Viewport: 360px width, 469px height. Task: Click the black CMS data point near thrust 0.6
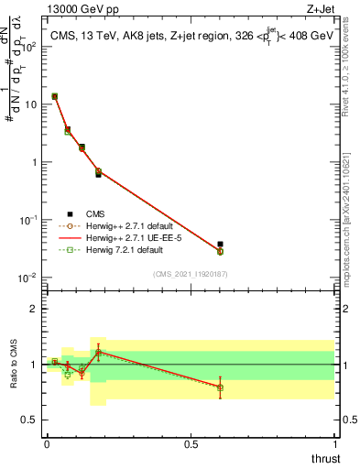pos(220,245)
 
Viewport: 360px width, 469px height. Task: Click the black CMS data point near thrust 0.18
pos(98,173)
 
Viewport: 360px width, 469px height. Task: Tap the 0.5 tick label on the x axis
pos(191,444)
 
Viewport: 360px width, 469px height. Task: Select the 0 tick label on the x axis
pos(47,444)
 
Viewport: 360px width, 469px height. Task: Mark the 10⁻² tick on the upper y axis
pos(32,278)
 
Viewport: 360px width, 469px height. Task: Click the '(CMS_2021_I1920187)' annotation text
pos(191,274)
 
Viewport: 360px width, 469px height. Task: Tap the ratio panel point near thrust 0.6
pos(220,387)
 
